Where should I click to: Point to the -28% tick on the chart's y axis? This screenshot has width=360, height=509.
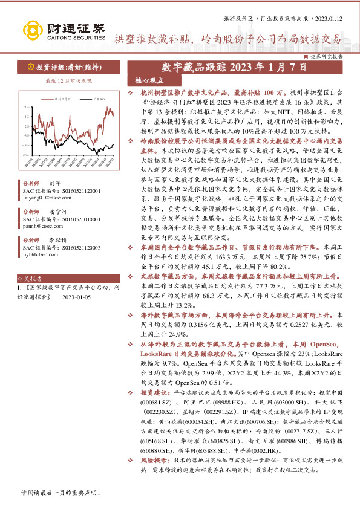(26, 154)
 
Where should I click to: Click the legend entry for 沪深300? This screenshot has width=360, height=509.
(96, 97)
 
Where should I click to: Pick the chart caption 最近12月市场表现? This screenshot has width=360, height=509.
(68, 80)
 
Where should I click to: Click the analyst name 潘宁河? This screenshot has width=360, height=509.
(58, 212)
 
